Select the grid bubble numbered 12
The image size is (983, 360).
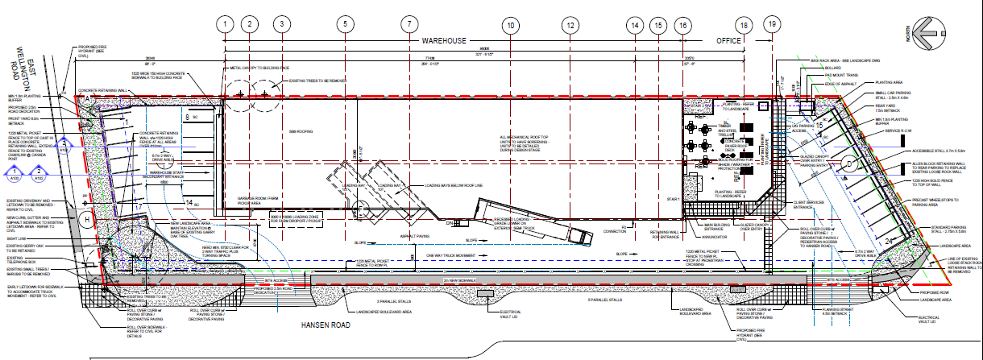click(570, 24)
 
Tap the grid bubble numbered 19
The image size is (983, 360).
click(773, 24)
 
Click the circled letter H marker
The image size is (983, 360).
click(85, 217)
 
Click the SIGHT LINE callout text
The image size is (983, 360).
click(17, 239)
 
